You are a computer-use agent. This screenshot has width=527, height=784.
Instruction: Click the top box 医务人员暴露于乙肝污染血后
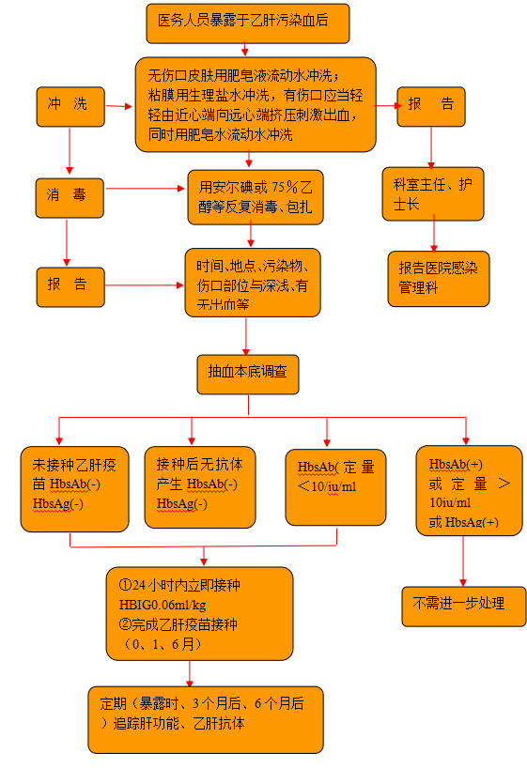248,23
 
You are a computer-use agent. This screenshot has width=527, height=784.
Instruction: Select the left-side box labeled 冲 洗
70,106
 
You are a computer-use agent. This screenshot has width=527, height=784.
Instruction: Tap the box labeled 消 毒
70,198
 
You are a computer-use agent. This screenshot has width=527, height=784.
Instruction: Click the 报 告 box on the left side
70,287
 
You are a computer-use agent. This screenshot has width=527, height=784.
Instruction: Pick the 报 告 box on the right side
431,106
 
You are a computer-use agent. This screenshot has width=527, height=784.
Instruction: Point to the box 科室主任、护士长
433,194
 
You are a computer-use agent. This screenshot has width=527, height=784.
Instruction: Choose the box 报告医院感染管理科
439,279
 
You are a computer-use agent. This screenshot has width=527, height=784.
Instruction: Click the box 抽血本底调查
248,375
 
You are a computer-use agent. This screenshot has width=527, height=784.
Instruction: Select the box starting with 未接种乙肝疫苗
74,489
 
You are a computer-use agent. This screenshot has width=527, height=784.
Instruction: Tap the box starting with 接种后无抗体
200,487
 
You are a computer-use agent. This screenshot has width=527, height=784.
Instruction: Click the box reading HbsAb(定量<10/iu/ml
335,487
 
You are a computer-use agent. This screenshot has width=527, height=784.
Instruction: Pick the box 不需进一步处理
464,607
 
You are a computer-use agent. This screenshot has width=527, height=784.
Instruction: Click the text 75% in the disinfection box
286,187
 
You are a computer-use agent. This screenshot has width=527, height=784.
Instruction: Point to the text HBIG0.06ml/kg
163,605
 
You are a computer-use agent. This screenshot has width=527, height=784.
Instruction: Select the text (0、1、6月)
163,644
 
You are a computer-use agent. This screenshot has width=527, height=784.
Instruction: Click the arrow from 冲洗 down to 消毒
70,150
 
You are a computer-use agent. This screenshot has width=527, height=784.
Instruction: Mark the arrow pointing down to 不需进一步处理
463,561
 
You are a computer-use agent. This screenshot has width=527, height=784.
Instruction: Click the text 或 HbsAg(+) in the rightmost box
463,522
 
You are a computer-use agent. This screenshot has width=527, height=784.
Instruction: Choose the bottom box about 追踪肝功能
206,719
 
